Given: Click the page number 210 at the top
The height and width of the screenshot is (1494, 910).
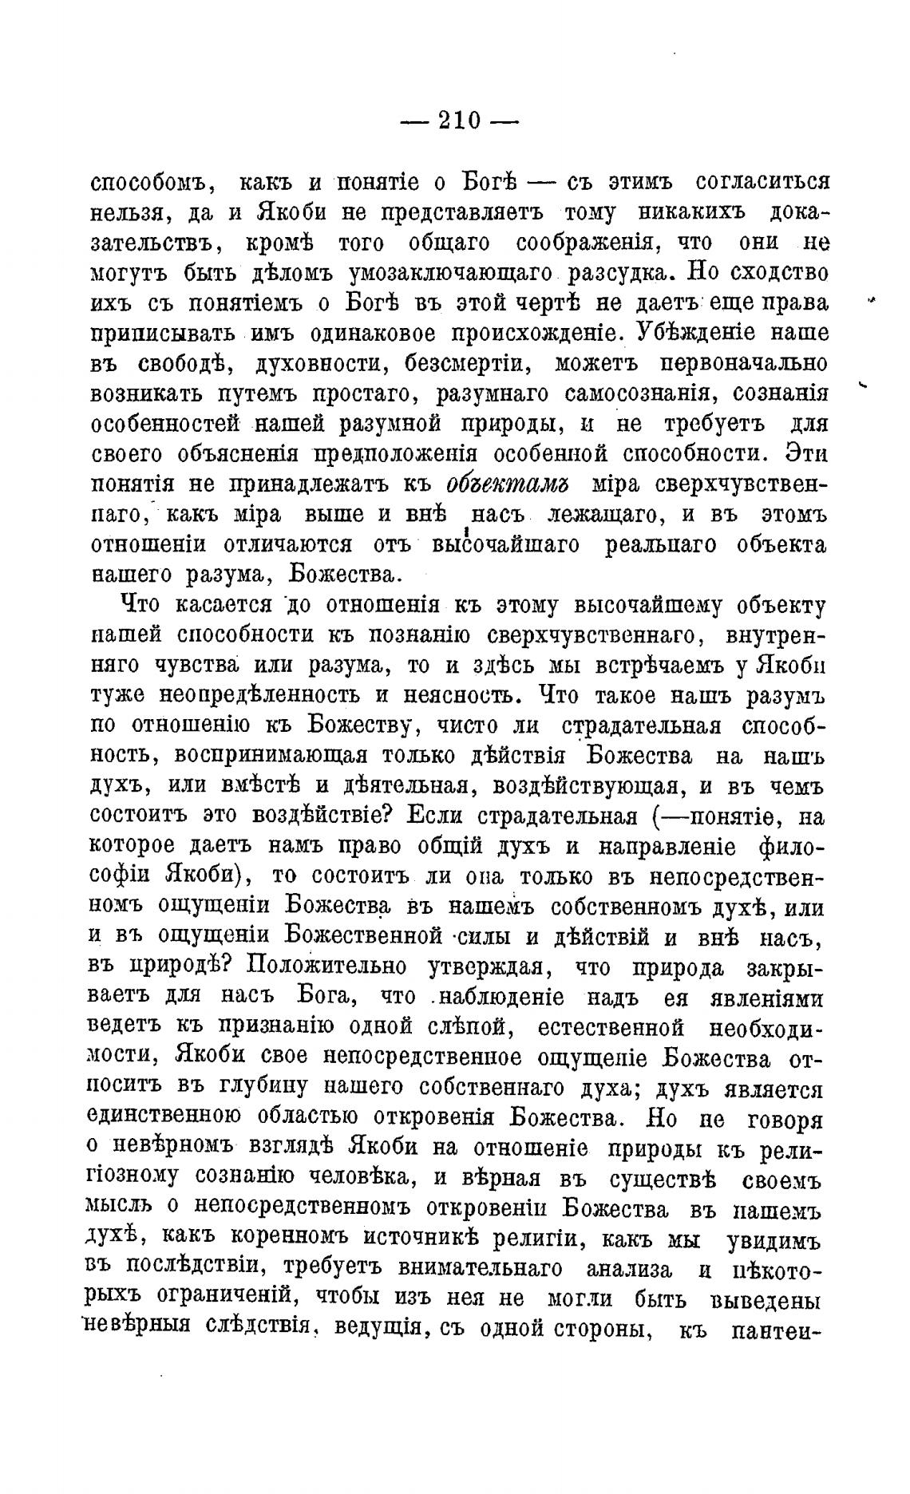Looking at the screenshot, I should (x=459, y=121).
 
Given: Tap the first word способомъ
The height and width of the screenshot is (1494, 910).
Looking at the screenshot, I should (x=151, y=183).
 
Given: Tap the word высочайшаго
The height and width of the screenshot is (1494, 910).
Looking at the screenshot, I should (x=504, y=545).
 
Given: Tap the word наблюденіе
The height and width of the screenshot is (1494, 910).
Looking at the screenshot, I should (x=501, y=998).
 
